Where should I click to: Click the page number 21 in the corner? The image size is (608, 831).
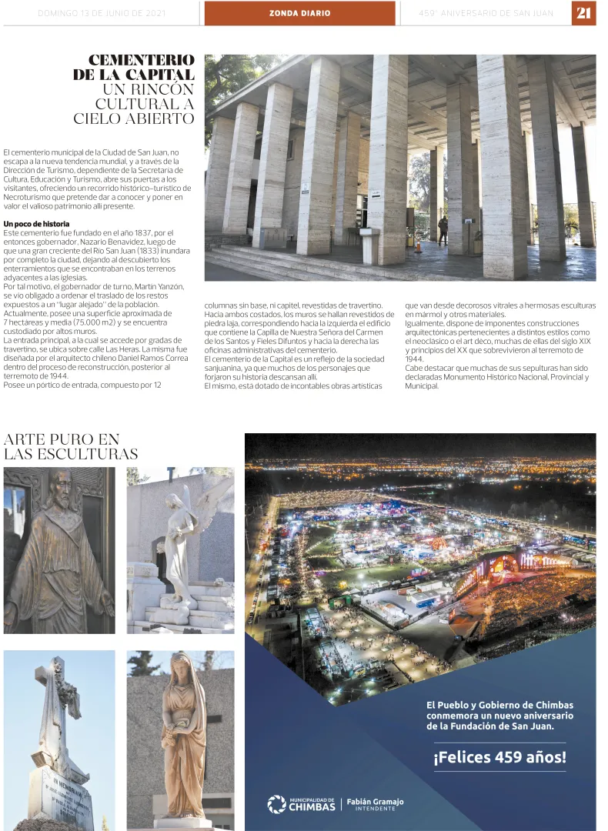pyautogui.click(x=583, y=13)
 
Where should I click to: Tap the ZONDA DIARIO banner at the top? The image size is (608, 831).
pyautogui.click(x=299, y=13)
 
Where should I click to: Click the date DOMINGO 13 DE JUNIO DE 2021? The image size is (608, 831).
pyautogui.click(x=102, y=13)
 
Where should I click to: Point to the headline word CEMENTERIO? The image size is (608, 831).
pyautogui.click(x=141, y=60)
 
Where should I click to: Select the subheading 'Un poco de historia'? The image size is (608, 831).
pyautogui.click(x=36, y=224)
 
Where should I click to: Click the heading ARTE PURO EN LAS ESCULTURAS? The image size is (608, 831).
pyautogui.click(x=71, y=446)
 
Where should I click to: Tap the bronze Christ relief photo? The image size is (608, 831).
pyautogui.click(x=59, y=550)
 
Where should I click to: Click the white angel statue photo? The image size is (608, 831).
pyautogui.click(x=180, y=550)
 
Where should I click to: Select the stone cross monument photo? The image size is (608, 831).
pyautogui.click(x=59, y=740)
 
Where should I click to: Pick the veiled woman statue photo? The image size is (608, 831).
pyautogui.click(x=180, y=740)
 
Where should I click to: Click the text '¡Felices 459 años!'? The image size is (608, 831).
pyautogui.click(x=499, y=757)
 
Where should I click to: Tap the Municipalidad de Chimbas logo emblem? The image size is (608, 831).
pyautogui.click(x=276, y=804)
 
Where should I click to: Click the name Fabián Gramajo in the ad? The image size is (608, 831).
pyautogui.click(x=375, y=801)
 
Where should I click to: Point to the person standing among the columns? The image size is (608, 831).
pyautogui.click(x=443, y=230)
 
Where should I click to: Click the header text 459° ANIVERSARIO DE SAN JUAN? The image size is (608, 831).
pyautogui.click(x=486, y=13)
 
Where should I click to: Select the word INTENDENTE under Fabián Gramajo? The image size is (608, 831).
pyautogui.click(x=375, y=809)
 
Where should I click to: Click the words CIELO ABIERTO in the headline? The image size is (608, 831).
pyautogui.click(x=134, y=118)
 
